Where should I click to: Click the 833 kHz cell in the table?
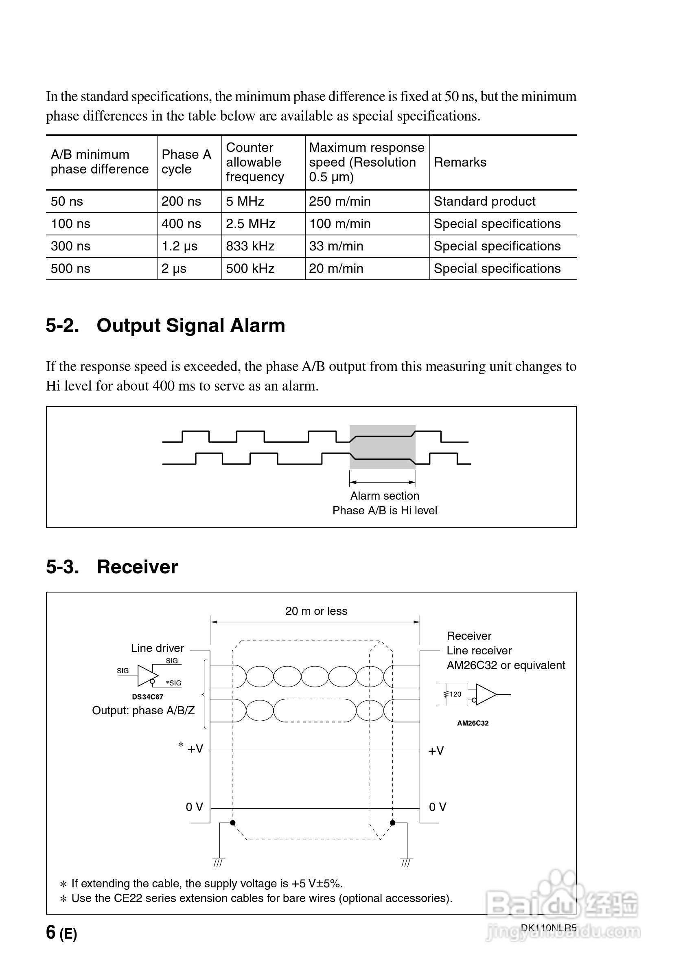pos(250,246)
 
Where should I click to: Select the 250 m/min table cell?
pos(339,201)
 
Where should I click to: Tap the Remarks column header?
pos(460,162)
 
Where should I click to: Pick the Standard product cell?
pos(484,201)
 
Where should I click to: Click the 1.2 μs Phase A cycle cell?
pos(180,246)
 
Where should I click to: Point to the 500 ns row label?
pos(70,268)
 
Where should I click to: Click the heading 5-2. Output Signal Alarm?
pos(166,325)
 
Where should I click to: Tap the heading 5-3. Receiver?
pos(112,566)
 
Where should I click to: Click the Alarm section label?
pos(384,496)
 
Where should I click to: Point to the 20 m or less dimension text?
pos(316,611)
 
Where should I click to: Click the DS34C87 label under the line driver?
pos(147,697)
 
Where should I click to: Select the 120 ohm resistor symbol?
pos(446,694)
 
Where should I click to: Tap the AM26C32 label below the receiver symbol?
pos(473,723)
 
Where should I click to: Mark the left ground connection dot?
pos(233,823)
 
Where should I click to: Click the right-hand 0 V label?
pos(438,807)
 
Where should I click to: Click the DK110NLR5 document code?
pos(548,928)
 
